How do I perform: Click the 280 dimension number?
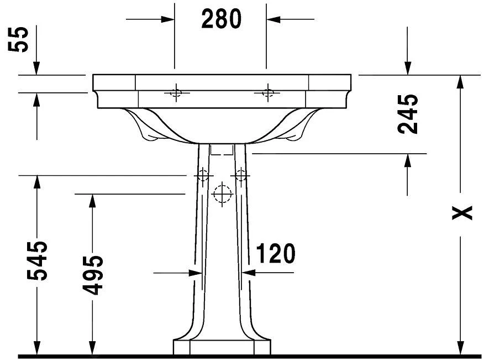pos(221,19)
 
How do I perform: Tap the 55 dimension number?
pos(18,40)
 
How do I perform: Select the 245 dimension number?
pos(408,114)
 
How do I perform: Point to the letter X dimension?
pos(462,212)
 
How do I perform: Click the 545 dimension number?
pos(38,260)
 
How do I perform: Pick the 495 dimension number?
pos(92,275)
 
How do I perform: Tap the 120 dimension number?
pos(275,253)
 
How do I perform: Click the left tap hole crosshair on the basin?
pos(176,92)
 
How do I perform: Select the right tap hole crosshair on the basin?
pos(267,92)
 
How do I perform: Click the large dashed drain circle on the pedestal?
pos(222,194)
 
